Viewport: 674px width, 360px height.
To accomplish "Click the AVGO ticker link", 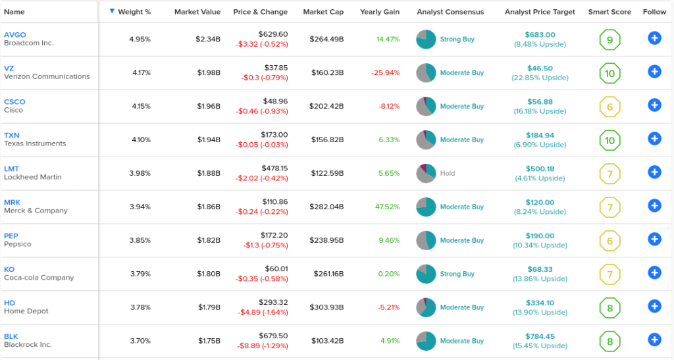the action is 15,35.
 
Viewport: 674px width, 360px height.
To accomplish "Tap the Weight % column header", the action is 134,12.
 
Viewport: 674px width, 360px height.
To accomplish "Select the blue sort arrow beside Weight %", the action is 112,11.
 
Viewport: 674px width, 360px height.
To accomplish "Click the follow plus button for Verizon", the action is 654,72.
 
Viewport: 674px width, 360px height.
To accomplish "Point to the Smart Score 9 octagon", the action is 609,40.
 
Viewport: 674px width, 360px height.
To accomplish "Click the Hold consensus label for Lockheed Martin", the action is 448,173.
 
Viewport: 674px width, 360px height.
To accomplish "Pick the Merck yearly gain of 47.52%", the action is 387,207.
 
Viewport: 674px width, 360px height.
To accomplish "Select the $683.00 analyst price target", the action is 540,35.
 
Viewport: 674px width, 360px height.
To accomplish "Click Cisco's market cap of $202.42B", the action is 326,106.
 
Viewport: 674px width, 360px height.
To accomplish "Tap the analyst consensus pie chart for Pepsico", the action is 426,240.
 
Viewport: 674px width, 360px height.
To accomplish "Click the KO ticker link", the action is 9,269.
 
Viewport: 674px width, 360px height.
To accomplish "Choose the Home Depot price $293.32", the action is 273,303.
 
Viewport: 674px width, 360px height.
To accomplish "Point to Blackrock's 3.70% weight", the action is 141,341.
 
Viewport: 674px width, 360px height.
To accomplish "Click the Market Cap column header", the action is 323,12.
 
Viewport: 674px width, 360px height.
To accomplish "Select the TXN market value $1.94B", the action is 209,140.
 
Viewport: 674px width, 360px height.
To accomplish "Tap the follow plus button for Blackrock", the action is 654,340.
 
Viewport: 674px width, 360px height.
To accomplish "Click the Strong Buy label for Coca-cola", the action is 457,274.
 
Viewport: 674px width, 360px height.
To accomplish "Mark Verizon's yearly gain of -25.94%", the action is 386,72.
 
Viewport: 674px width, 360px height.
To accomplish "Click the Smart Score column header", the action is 609,12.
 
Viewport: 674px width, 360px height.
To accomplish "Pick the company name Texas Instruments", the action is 35,143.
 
